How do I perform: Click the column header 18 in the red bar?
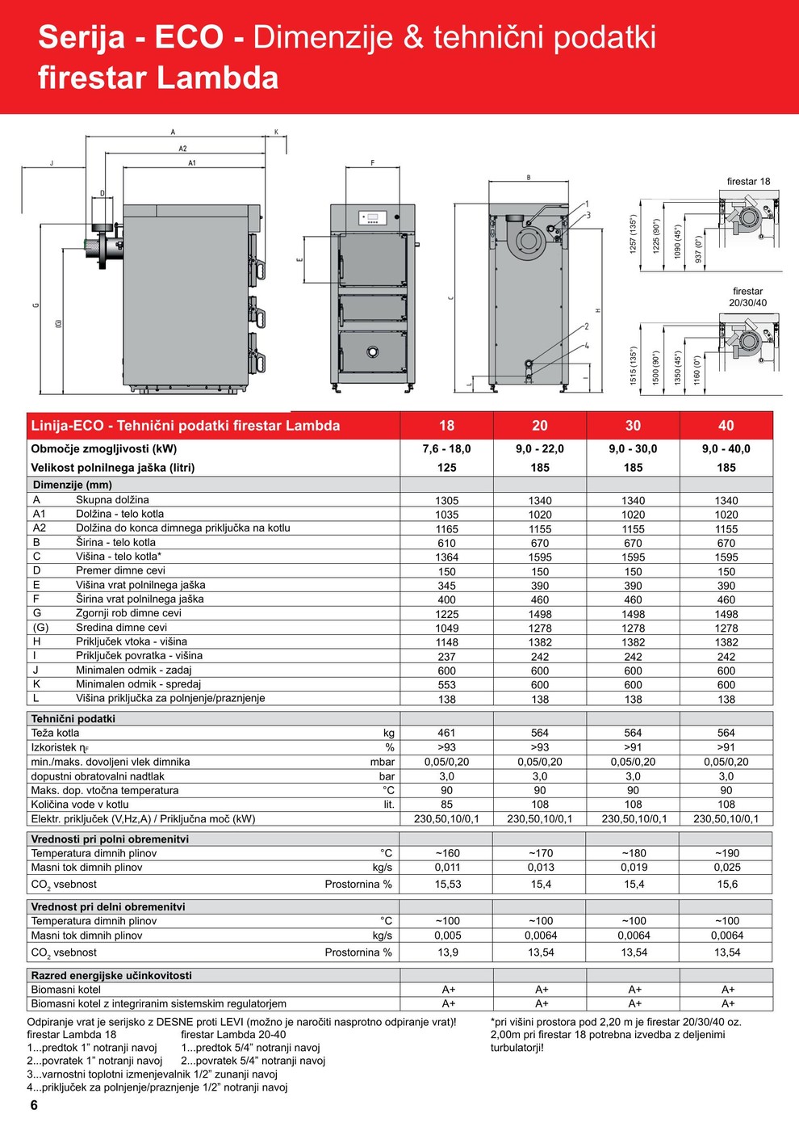(446, 426)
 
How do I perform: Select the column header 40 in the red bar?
(726, 426)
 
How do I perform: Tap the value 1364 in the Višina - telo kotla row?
(446, 557)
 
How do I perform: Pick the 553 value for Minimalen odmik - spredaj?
(446, 685)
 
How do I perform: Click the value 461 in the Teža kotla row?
(446, 734)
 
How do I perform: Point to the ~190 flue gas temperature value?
(726, 853)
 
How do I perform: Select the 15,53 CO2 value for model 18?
(448, 885)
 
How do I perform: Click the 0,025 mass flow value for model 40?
(726, 868)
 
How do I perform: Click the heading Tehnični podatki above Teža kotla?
(73, 719)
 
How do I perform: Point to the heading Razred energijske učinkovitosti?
(111, 976)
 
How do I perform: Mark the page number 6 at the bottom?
(34, 1105)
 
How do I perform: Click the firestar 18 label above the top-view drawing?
(748, 182)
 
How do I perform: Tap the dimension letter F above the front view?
(372, 163)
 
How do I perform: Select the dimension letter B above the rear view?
(529, 178)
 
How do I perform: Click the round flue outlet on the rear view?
(529, 241)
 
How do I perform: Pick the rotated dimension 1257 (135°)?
(634, 234)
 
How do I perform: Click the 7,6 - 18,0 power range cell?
(446, 449)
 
